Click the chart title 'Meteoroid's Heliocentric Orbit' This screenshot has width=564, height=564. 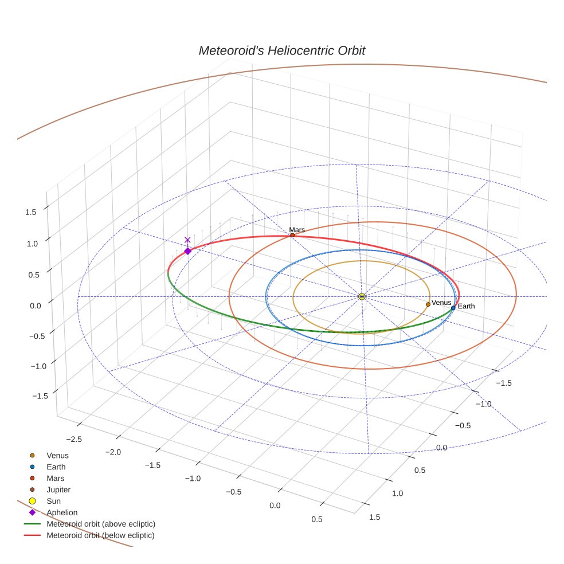pyautogui.click(x=281, y=51)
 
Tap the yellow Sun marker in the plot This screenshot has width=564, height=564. pyautogui.click(x=362, y=296)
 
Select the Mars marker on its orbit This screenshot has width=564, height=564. pyautogui.click(x=292, y=235)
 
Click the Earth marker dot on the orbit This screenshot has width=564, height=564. pyautogui.click(x=453, y=308)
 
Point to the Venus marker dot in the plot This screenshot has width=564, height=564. pyautogui.click(x=428, y=304)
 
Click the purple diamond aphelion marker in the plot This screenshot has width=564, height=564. pyautogui.click(x=187, y=251)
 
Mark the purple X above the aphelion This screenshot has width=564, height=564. pyautogui.click(x=187, y=240)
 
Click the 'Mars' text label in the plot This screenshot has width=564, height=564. pyautogui.click(x=297, y=229)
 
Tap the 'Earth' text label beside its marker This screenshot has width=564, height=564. pyautogui.click(x=466, y=307)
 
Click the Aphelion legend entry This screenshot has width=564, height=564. pyautogui.click(x=62, y=512)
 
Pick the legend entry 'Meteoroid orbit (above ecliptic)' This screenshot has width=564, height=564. pyautogui.click(x=101, y=524)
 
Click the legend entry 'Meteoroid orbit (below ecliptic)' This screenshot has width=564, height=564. pyautogui.click(x=100, y=535)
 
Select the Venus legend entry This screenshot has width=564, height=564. pyautogui.click(x=57, y=456)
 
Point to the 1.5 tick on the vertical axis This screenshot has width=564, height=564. pyautogui.click(x=30, y=212)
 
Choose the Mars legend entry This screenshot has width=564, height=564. pyautogui.click(x=55, y=479)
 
